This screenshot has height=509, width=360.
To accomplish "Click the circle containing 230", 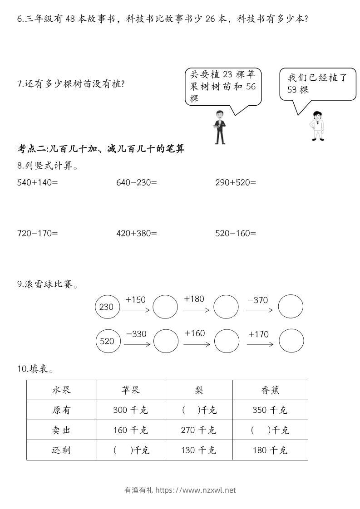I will coord(107,307).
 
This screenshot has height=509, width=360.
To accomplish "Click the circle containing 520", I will coord(108,341).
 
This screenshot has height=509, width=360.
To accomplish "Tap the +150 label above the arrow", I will coord(135,299).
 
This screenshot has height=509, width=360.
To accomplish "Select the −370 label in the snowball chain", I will coord(258,300).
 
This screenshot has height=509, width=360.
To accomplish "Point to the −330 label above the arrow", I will coord(136,334).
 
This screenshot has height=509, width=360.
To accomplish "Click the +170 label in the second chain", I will coord(258,334).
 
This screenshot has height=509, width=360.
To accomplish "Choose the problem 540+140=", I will coord(38,182).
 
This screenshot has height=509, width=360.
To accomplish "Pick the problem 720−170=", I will coord(38,233).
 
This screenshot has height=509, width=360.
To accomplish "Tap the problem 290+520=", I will coord(236,182).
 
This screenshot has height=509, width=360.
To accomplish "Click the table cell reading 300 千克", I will coord(131,410).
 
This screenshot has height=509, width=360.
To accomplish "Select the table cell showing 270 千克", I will coord(198,430).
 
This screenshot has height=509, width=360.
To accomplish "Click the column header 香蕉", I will coord(270,390).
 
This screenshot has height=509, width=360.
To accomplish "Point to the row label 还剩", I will coord(62,450).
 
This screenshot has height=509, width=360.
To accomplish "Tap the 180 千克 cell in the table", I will coord(270,450).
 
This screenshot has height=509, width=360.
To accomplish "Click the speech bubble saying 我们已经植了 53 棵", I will coord(317,84).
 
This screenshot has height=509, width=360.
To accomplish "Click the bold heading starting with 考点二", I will coord(101,148).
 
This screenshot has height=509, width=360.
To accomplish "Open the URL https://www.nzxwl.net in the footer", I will coord(196,490).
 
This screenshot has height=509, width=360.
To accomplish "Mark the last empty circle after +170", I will coord(291,341).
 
